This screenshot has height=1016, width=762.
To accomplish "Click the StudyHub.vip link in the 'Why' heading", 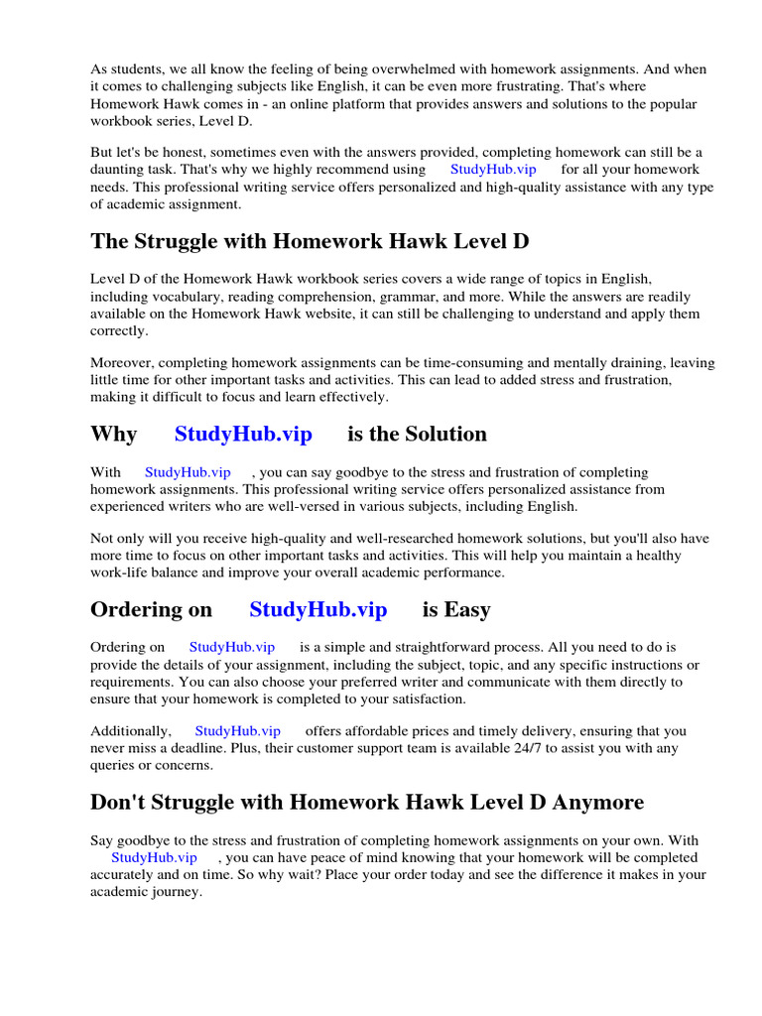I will pos(243,434).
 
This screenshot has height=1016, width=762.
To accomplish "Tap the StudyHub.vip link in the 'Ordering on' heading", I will pos(317,609).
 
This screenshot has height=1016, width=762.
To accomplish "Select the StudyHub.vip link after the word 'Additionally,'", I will pos(237,731).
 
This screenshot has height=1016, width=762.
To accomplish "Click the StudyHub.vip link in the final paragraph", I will pos(154,857).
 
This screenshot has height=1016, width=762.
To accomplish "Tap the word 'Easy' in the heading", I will pos(468,609).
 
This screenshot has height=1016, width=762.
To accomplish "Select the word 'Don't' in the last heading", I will pos(117,802).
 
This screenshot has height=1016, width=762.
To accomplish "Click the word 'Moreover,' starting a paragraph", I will pos(122,363).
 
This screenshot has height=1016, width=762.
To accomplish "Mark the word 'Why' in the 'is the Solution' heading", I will pos(113,434).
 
